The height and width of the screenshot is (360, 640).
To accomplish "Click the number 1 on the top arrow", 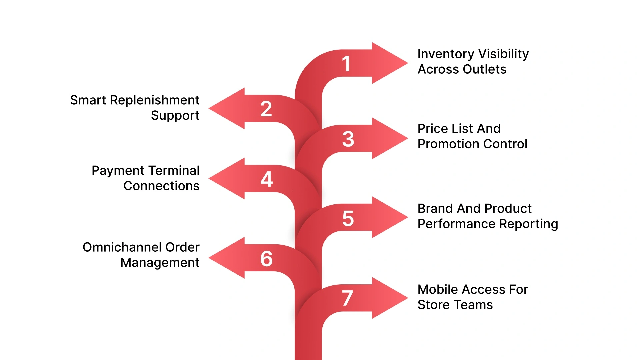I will tap(346, 64).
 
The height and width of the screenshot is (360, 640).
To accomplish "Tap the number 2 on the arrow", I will tap(266, 109).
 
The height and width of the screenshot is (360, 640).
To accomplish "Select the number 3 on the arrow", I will tap(348, 139).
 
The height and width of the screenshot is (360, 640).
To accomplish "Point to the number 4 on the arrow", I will tap(267, 179).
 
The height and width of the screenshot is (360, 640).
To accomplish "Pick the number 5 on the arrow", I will tap(348, 219).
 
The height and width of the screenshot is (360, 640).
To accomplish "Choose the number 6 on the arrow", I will tap(266, 259).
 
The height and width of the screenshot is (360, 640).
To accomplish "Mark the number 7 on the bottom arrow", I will tap(347, 298).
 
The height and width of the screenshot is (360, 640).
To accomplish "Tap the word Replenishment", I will tap(154, 100).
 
